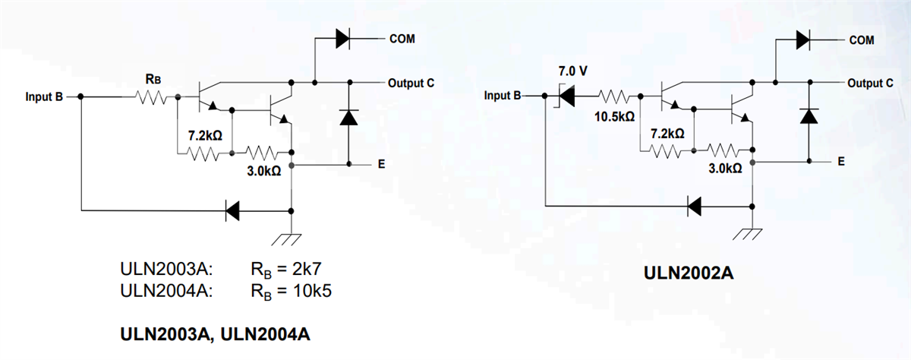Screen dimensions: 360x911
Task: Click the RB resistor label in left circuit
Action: click(x=152, y=78)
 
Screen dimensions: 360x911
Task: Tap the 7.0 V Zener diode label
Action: click(x=573, y=71)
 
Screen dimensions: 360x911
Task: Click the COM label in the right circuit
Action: click(x=862, y=39)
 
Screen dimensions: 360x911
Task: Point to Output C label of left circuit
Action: click(x=411, y=82)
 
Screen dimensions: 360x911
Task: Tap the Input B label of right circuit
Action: click(x=503, y=96)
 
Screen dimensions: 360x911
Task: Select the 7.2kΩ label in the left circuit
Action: click(x=205, y=136)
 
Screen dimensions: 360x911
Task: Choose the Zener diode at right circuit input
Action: click(x=566, y=96)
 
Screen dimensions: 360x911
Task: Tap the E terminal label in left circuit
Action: click(x=381, y=165)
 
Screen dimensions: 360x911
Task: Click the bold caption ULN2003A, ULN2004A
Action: click(x=216, y=334)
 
